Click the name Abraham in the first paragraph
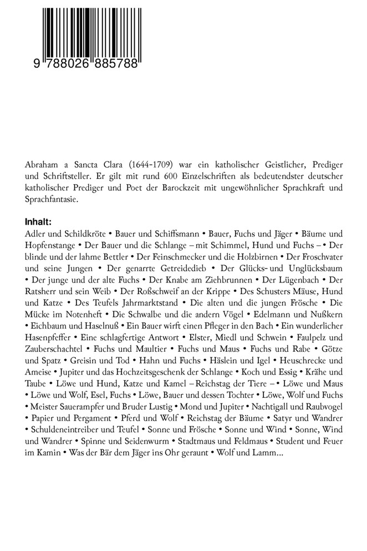click(x=43, y=165)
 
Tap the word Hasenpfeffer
click(x=52, y=338)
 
